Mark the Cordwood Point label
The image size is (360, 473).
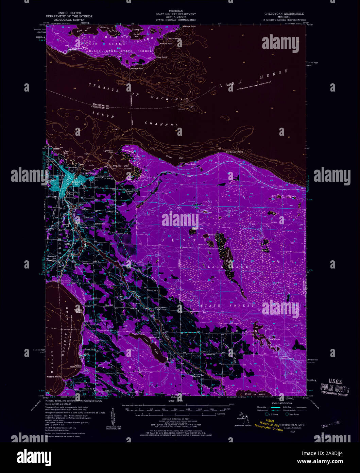pos(235,152)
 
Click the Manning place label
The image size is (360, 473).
pos(196,376)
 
